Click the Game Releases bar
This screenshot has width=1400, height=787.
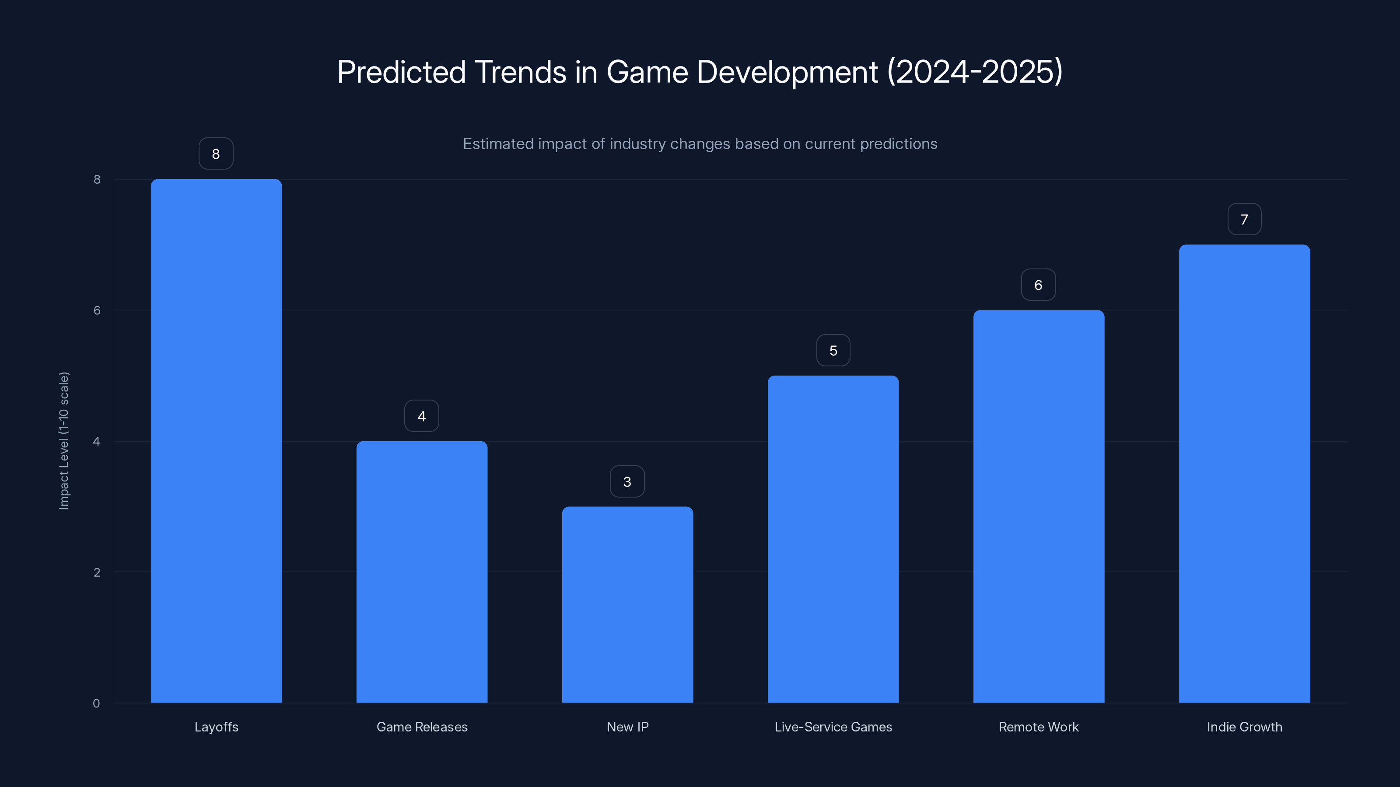pos(422,571)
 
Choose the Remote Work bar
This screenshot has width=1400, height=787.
pos(1039,506)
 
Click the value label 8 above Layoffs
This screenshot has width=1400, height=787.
pos(216,154)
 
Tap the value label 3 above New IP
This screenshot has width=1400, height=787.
pos(627,481)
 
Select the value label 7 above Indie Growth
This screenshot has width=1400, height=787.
pos(1244,219)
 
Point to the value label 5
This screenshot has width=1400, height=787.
pos(833,350)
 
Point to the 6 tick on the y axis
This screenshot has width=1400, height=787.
pos(97,310)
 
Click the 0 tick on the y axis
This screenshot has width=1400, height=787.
pos(96,703)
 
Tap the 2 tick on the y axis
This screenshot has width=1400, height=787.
pos(97,572)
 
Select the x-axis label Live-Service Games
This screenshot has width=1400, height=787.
pos(833,727)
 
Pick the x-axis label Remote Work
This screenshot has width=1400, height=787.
pos(1038,727)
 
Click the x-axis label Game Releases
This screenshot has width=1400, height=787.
pos(422,727)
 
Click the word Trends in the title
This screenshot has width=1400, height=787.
pos(520,72)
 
